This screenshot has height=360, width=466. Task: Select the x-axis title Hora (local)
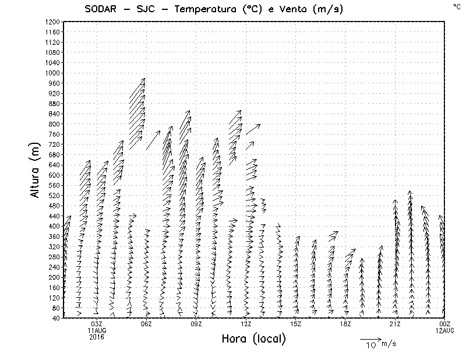point(253,339)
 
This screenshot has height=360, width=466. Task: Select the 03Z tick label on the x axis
point(97,324)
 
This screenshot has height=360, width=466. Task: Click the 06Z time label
point(146,324)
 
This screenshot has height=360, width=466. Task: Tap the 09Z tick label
point(196,324)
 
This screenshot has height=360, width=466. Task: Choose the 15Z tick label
point(296,324)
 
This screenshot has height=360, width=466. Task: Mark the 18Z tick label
point(345,324)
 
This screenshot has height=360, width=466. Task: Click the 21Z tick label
point(396,324)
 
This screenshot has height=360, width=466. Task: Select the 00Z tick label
point(445,324)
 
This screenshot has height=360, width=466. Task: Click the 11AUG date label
point(97,330)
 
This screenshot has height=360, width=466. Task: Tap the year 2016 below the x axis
point(97,336)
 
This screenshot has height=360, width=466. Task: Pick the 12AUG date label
point(445,330)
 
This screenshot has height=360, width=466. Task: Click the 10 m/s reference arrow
point(369,338)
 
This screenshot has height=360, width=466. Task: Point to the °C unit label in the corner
point(456,6)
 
